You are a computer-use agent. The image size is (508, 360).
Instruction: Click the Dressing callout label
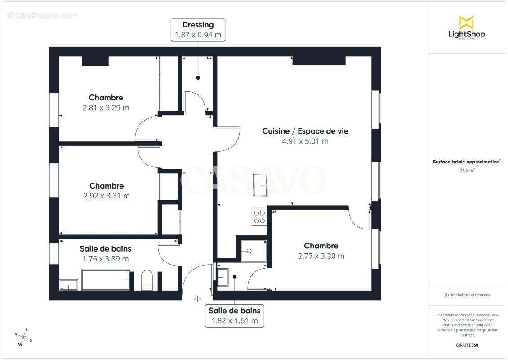[x=198, y=30]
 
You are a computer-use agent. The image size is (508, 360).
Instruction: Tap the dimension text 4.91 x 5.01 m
[x=305, y=141]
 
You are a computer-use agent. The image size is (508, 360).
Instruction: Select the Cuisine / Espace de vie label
[x=305, y=131]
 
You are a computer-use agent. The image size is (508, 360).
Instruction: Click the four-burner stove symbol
[x=259, y=216]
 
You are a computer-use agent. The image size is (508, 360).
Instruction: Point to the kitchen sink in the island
[x=261, y=185]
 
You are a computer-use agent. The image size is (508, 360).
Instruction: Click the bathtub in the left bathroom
[x=106, y=280]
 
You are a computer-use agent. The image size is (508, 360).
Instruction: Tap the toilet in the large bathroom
[x=147, y=280]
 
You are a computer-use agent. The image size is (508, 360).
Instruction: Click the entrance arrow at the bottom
[x=197, y=299]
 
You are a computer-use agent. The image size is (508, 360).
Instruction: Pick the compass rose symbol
[x=22, y=337]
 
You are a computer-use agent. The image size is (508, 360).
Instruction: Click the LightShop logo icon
[x=466, y=22]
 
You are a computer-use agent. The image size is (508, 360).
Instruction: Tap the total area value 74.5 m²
[x=467, y=171]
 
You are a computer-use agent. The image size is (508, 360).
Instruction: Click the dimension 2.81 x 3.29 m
[x=106, y=108]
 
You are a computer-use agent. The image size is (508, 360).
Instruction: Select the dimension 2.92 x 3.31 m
[x=107, y=196]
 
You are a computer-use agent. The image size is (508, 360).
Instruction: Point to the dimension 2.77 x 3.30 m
[x=321, y=256]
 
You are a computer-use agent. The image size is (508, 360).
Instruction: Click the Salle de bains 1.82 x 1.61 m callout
[x=234, y=315]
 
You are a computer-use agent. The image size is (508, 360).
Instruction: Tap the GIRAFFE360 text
[x=467, y=345]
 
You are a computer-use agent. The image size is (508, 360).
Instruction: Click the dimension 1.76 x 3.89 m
[x=105, y=259]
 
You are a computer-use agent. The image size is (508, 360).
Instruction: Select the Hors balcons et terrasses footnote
[x=467, y=295]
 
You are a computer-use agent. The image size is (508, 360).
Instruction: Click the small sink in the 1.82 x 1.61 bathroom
[x=223, y=277]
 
